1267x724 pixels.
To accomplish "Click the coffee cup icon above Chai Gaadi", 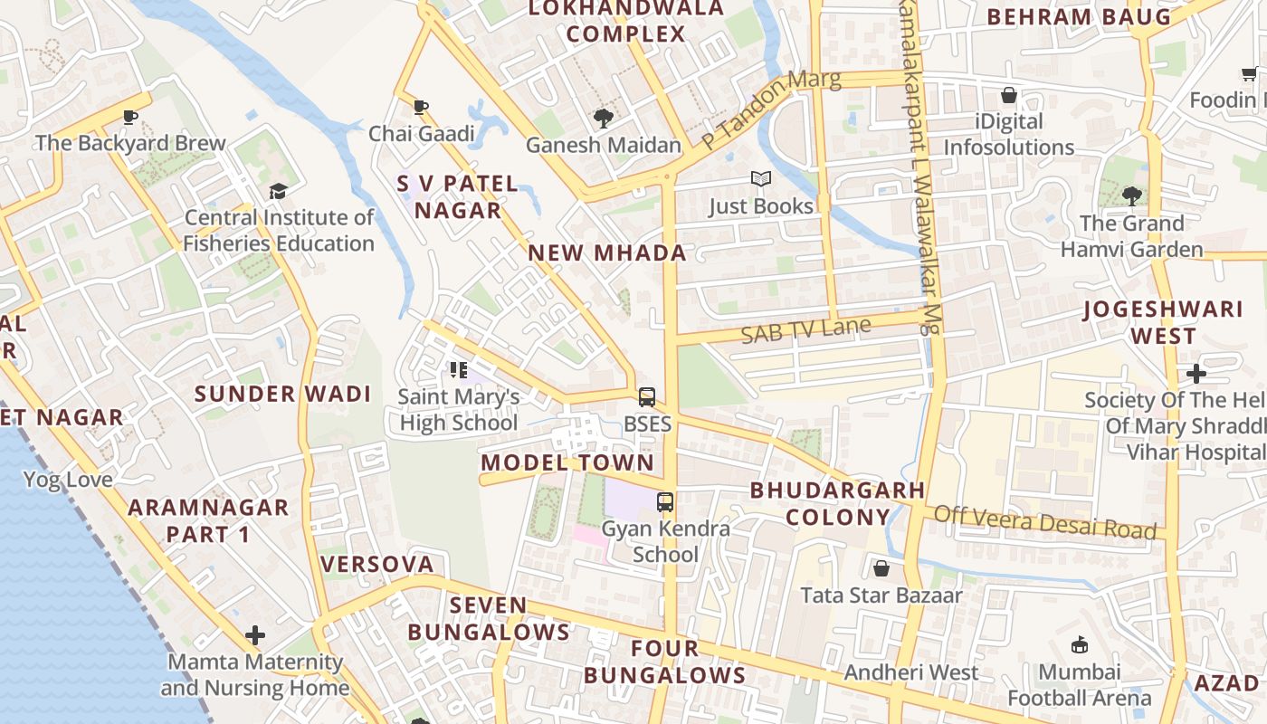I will pyautogui.click(x=421, y=107).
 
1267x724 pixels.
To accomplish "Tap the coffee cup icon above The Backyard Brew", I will pyautogui.click(x=130, y=116).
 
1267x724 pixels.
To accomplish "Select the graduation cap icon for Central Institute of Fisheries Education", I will pyautogui.click(x=278, y=191).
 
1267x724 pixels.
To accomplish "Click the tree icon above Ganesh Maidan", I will pyautogui.click(x=603, y=118).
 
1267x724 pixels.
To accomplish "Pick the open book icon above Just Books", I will pyautogui.click(x=761, y=179).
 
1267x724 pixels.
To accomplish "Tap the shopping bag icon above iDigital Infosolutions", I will pyautogui.click(x=1009, y=95).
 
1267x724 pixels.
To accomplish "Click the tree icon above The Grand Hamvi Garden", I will pyautogui.click(x=1131, y=195).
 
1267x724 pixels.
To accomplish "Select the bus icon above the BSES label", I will pyautogui.click(x=647, y=396).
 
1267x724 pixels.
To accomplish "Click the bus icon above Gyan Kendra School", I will pyautogui.click(x=665, y=501).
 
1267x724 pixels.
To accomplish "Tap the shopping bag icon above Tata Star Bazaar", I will pyautogui.click(x=881, y=568).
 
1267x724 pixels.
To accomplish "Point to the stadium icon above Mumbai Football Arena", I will pyautogui.click(x=1079, y=644).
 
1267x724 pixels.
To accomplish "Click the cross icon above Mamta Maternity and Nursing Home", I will pyautogui.click(x=255, y=635).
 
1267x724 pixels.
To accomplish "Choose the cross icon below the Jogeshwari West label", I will pyautogui.click(x=1196, y=373).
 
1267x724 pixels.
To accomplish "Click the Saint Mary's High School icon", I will pyautogui.click(x=459, y=369).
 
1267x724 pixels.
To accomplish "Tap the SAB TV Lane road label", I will pyautogui.click(x=805, y=329).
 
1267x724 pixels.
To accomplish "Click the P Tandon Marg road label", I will pyautogui.click(x=771, y=109).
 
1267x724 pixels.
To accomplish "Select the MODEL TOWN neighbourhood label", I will pyautogui.click(x=567, y=462).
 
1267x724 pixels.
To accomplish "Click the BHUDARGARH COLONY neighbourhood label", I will pyautogui.click(x=837, y=504).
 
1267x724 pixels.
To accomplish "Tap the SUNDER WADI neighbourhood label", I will pyautogui.click(x=283, y=394).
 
